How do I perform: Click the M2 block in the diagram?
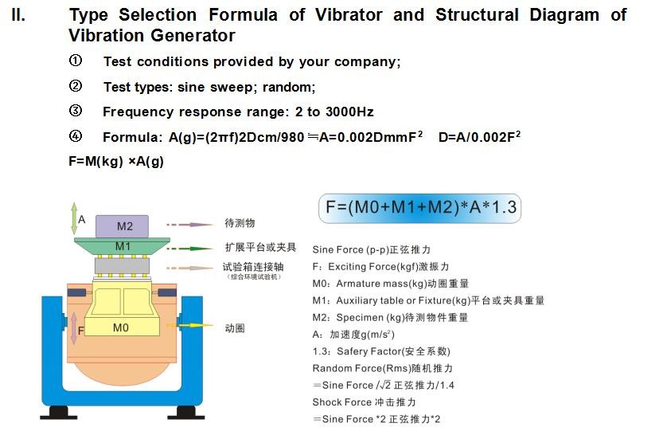(x=123, y=225)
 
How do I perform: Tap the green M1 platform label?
(x=123, y=246)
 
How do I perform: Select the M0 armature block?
(x=120, y=327)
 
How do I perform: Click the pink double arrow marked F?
(x=73, y=328)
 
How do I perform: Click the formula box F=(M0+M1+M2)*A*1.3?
(x=421, y=209)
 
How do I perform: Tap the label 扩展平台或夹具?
(x=260, y=248)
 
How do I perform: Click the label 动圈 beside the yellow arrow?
(x=235, y=327)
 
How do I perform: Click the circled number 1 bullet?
(x=76, y=61)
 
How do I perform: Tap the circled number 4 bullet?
(x=76, y=136)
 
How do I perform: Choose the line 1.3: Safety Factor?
(x=381, y=351)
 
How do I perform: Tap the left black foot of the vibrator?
(x=59, y=413)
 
